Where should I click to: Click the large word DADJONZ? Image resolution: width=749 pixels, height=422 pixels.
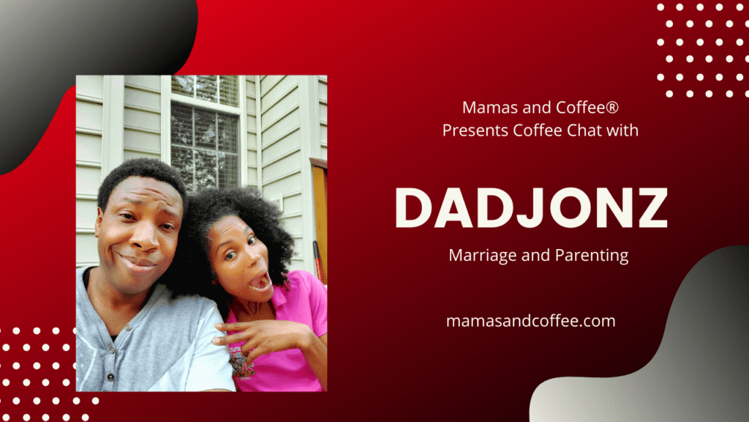click(531, 207)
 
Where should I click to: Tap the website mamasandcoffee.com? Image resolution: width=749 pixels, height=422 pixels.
click(531, 321)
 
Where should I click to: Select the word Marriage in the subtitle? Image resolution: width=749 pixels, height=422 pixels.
click(483, 255)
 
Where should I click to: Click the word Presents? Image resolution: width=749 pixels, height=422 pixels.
click(475, 130)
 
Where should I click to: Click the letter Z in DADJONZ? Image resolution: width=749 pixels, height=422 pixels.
click(652, 207)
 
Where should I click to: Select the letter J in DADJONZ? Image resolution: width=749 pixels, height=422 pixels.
click(529, 208)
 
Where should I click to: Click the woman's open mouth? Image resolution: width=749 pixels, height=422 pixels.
click(260, 281)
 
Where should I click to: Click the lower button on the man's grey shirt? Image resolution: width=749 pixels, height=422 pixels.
click(111, 377)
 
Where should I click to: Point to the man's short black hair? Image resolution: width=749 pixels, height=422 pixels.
click(142, 178)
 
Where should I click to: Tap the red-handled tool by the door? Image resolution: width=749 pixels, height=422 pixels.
click(317, 262)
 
